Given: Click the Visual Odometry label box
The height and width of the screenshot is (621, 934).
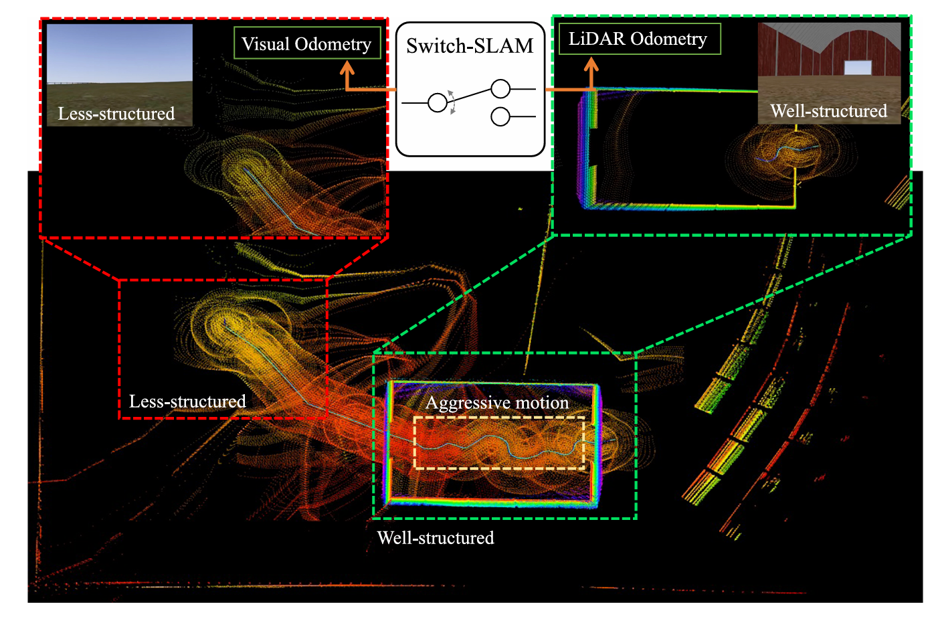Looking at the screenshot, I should [x=307, y=43].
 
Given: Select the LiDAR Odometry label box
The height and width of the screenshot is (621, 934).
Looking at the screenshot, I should [x=639, y=39].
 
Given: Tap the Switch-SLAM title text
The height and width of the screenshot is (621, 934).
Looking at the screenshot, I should [x=470, y=46].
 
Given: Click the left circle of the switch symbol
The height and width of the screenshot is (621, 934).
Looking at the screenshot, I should [x=438, y=102].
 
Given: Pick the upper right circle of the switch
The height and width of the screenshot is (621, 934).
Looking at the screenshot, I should [x=500, y=88].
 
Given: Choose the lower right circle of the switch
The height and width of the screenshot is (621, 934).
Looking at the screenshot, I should [x=500, y=116].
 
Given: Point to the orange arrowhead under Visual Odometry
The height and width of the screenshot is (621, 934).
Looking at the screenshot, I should [x=347, y=68].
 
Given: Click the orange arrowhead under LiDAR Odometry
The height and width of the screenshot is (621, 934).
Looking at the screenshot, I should [x=591, y=65].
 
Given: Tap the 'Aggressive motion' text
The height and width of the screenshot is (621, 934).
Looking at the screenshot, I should [x=497, y=402].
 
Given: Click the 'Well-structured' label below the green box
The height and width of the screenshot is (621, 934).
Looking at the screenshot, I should [x=436, y=537].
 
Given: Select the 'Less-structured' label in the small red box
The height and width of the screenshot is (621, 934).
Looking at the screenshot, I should [x=187, y=401].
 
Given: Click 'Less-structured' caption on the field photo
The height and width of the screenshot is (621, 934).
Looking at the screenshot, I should [x=116, y=114].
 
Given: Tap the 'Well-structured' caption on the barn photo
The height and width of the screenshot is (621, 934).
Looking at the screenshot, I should [x=828, y=111].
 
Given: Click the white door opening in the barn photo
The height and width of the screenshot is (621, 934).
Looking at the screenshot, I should [x=858, y=67].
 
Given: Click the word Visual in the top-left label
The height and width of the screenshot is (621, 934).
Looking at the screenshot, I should [x=266, y=44].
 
